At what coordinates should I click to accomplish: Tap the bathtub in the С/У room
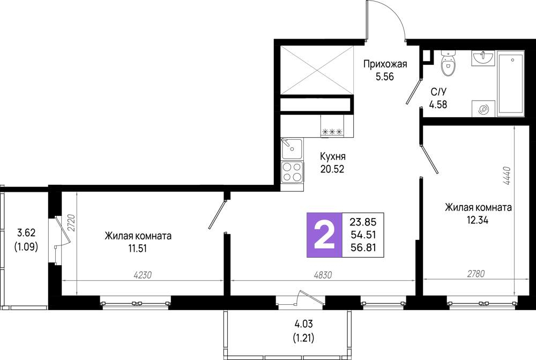tap(511, 84)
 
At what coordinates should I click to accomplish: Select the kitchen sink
tap(292, 149)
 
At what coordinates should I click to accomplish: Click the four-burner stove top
tap(292, 172)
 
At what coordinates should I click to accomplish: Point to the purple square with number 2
tap(324, 235)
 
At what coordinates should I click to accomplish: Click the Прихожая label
tap(385, 64)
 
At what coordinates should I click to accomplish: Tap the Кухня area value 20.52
tap(332, 169)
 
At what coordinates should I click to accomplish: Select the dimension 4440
tap(507, 176)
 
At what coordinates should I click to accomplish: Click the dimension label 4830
tap(322, 275)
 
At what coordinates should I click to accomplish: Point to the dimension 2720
tap(71, 223)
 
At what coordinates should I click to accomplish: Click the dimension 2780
tap(475, 274)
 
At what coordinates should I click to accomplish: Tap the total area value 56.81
tap(363, 247)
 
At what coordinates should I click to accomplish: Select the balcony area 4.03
tap(303, 324)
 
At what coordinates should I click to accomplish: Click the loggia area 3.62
tap(26, 233)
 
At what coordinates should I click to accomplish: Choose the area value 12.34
tap(478, 220)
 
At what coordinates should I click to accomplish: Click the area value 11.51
tap(137, 249)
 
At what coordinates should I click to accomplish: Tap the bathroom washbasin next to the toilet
tap(483, 58)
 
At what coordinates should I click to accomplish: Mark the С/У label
tap(438, 92)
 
